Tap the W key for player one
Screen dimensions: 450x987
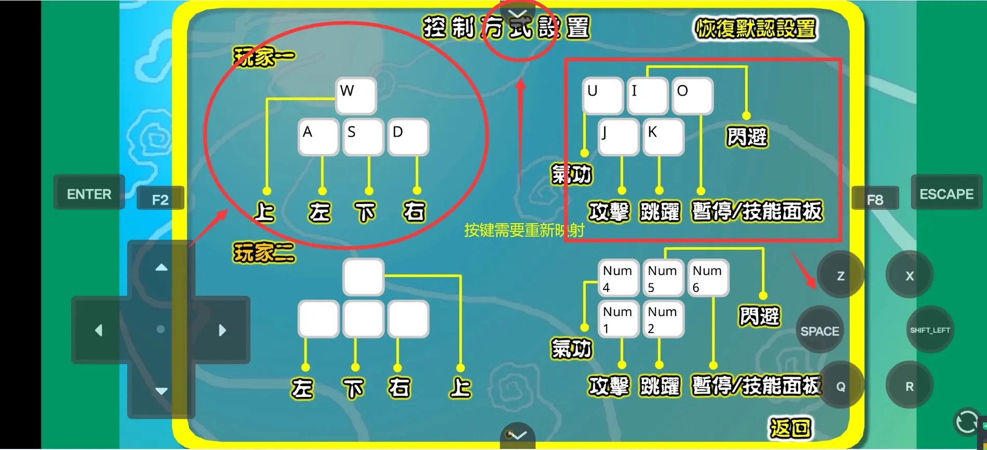point(355,96)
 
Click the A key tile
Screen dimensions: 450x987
point(318,137)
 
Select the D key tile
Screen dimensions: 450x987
point(408,137)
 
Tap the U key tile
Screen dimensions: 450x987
point(602,96)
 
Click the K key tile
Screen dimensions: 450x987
point(663,137)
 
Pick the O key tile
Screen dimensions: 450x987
point(692,96)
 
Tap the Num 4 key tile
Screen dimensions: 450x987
point(618,279)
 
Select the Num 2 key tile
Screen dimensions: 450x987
point(663,320)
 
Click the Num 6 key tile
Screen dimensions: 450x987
point(708,279)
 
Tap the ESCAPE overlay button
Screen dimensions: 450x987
point(946,194)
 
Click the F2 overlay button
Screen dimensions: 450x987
point(160,199)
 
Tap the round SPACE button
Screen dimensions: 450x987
point(819,331)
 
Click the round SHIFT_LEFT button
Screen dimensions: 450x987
point(929,330)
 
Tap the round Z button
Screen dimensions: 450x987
point(840,276)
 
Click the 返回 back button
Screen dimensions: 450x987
point(790,428)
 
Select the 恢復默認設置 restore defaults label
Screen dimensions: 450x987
point(756,29)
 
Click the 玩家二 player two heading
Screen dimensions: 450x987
point(264,253)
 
